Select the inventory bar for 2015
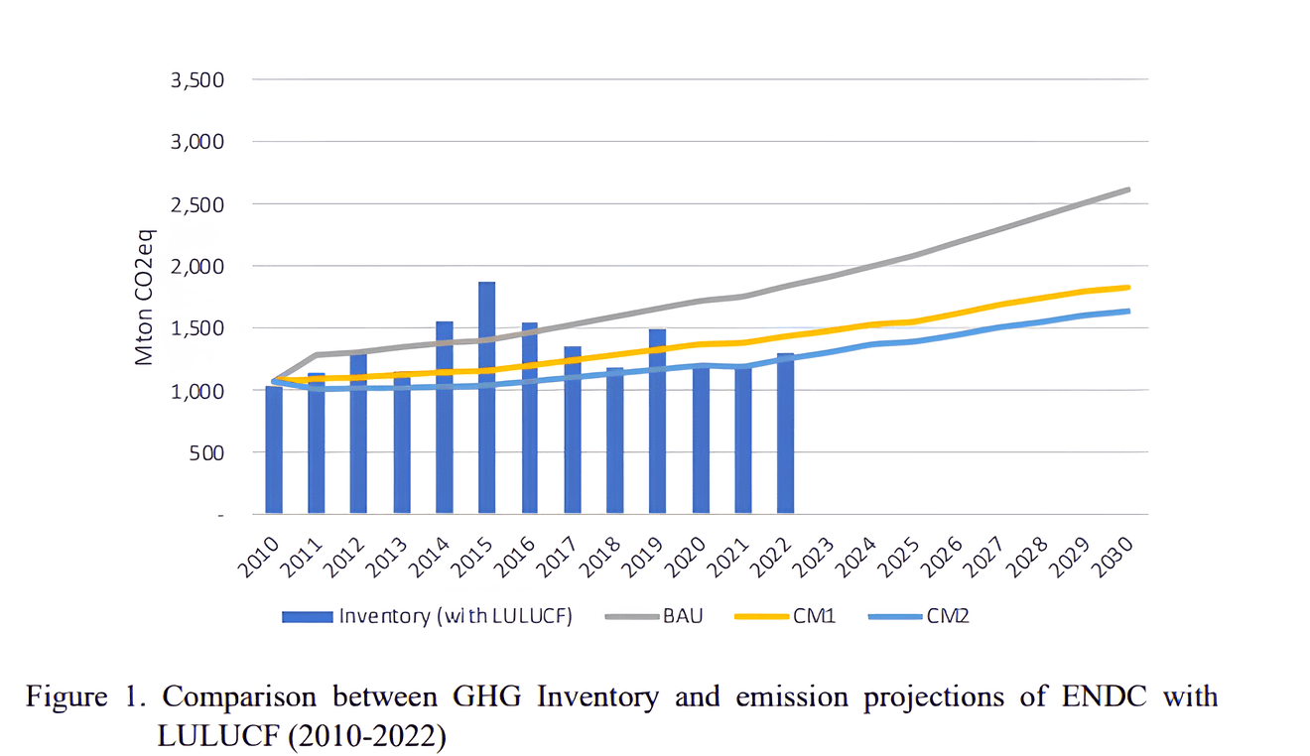486,397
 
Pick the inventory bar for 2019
657,422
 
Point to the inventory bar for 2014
444,417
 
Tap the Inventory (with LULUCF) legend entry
428,616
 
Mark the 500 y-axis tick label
208,452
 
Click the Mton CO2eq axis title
146,297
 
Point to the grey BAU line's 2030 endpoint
1128,189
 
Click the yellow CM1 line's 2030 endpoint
1128,288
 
